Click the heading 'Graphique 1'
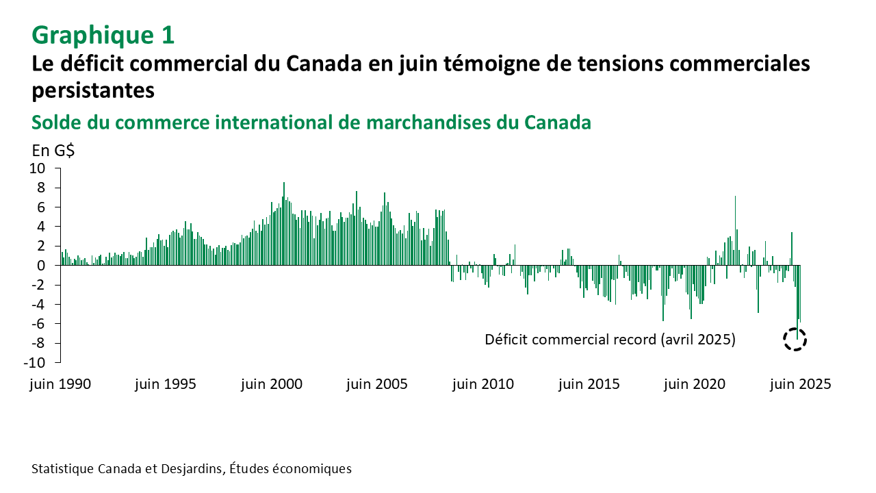pos(103,34)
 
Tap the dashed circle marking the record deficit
pos(795,339)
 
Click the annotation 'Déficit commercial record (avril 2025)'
pos(610,339)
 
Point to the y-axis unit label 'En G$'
pos(53,151)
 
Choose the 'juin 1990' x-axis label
pos(60,384)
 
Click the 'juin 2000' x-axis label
pos(271,384)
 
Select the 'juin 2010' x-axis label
pos(483,384)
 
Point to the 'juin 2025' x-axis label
pos(800,384)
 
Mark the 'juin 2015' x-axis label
pos(589,384)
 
